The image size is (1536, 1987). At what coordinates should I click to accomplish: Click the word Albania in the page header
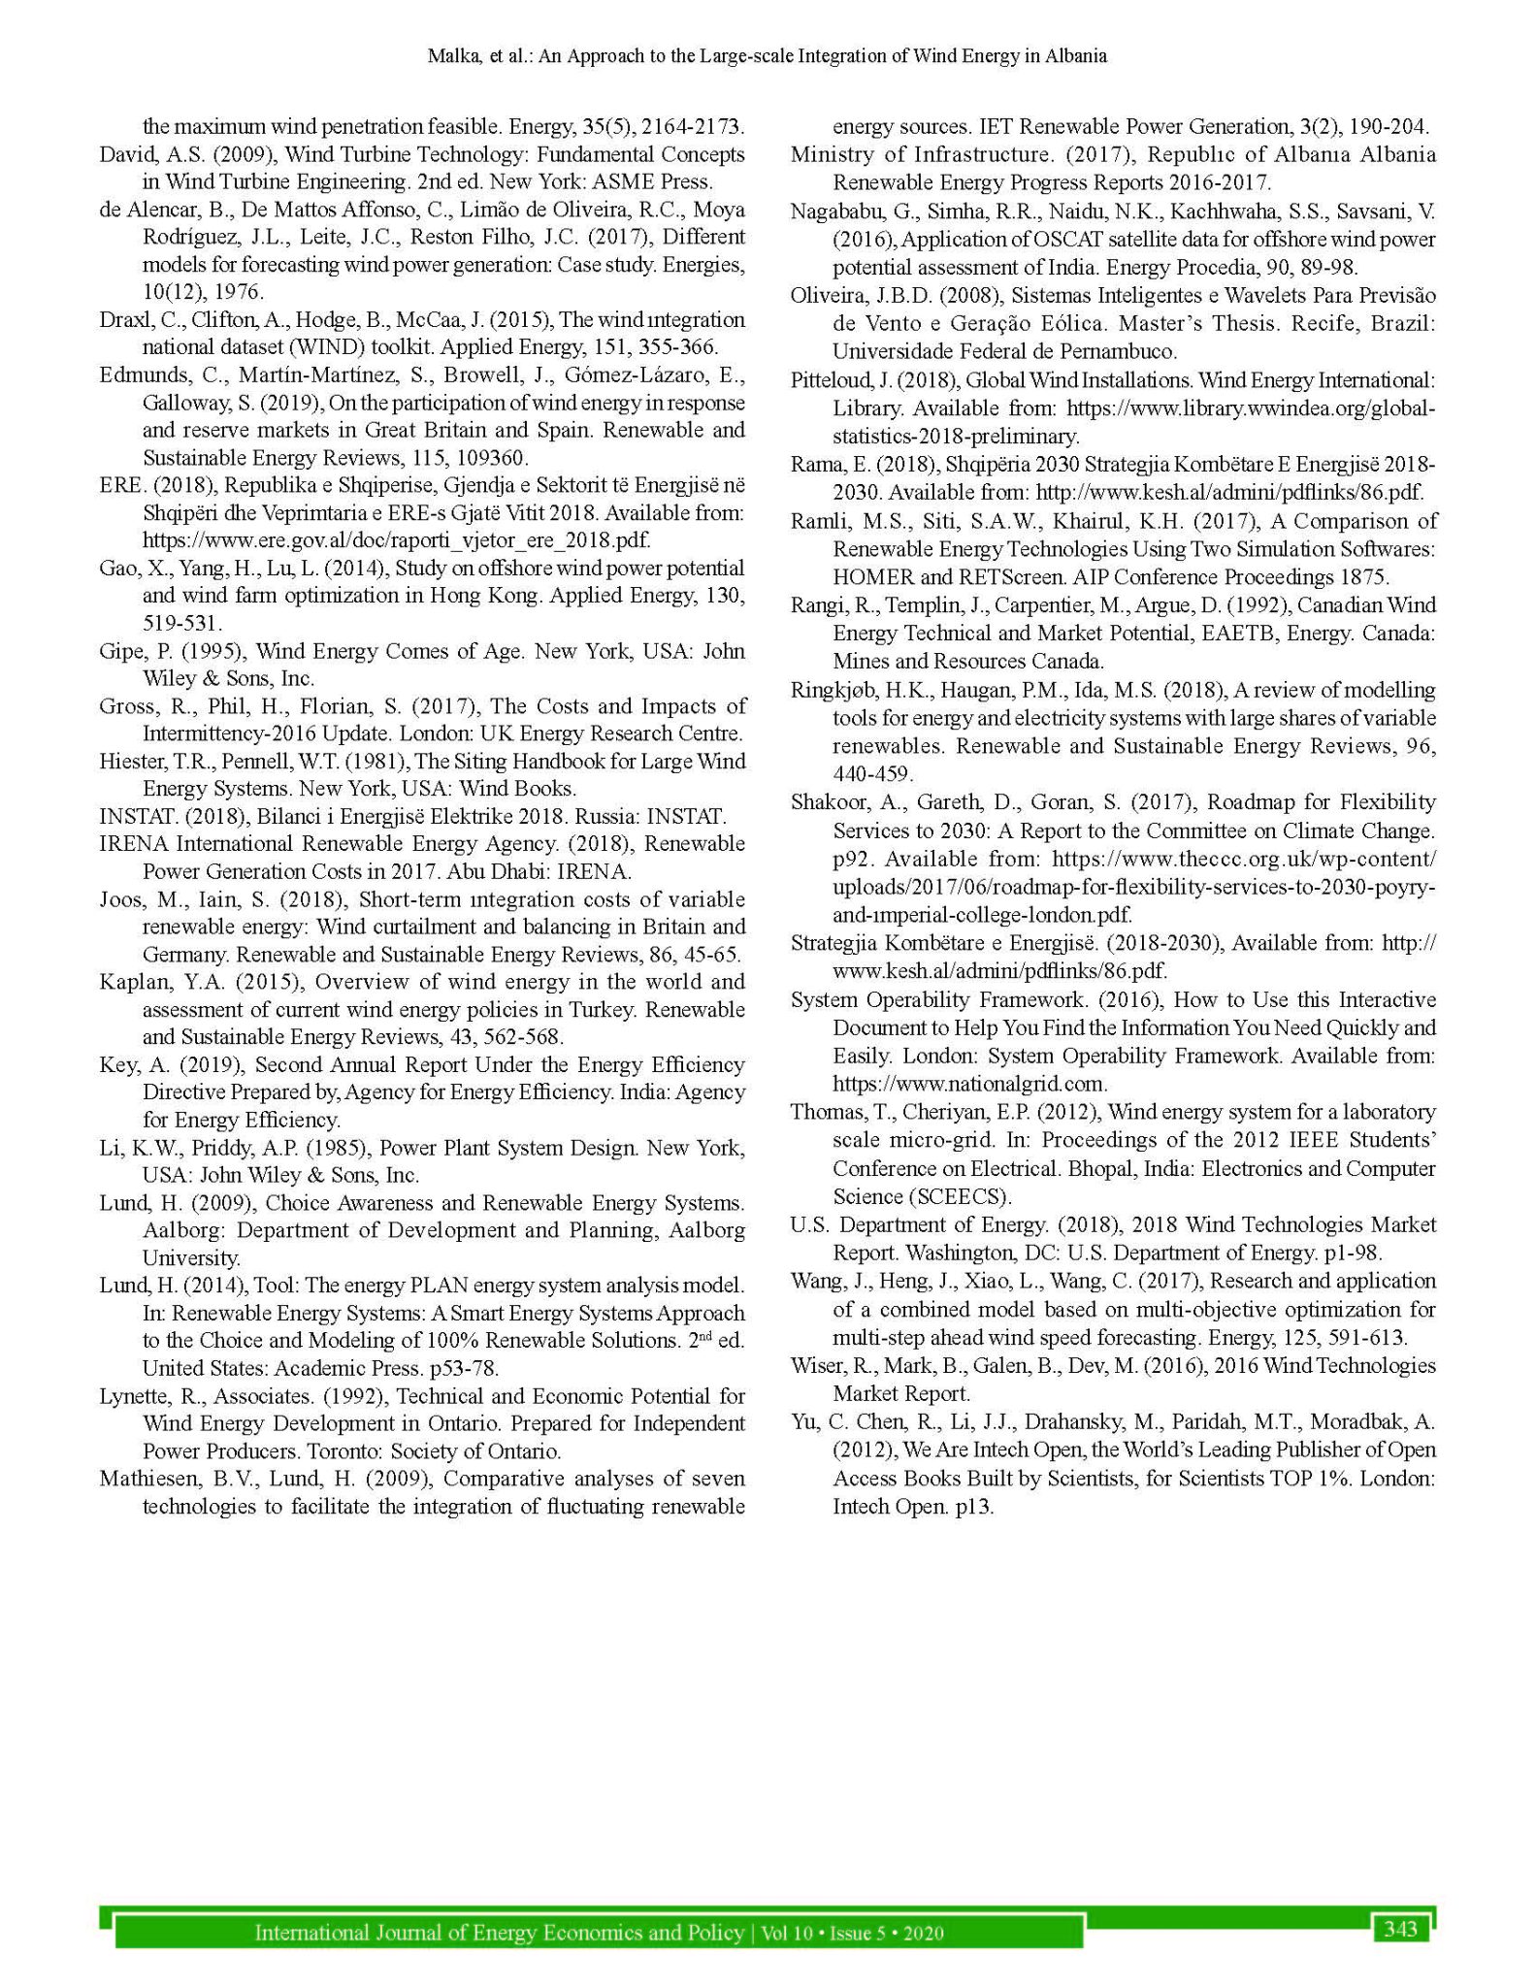pyautogui.click(x=1074, y=56)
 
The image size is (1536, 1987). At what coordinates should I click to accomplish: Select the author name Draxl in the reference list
pyautogui.click(x=120, y=320)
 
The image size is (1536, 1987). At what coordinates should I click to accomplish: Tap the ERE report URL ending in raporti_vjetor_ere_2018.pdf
pyautogui.click(x=396, y=540)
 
